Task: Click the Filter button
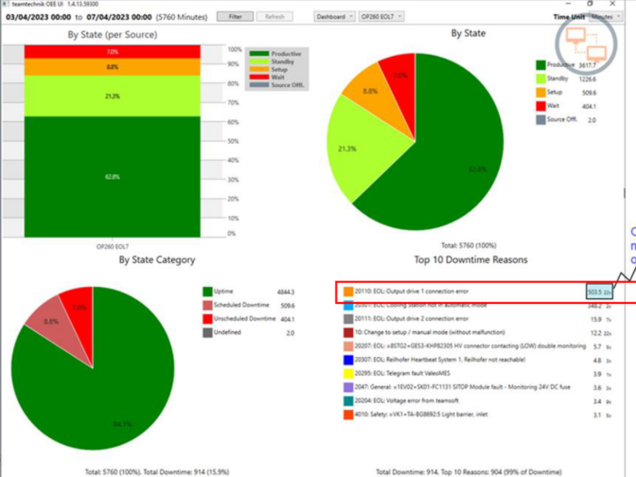point(235,16)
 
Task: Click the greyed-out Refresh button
point(275,16)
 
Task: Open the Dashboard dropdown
point(334,16)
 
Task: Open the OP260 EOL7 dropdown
point(381,16)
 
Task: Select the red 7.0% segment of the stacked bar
point(112,52)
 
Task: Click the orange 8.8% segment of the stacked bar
point(112,67)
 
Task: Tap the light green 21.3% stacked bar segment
point(112,96)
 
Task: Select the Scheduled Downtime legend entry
point(241,305)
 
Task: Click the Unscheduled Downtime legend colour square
point(208,319)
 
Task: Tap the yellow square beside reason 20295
point(348,374)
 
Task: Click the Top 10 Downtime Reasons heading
point(471,260)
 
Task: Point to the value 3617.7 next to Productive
point(586,66)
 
